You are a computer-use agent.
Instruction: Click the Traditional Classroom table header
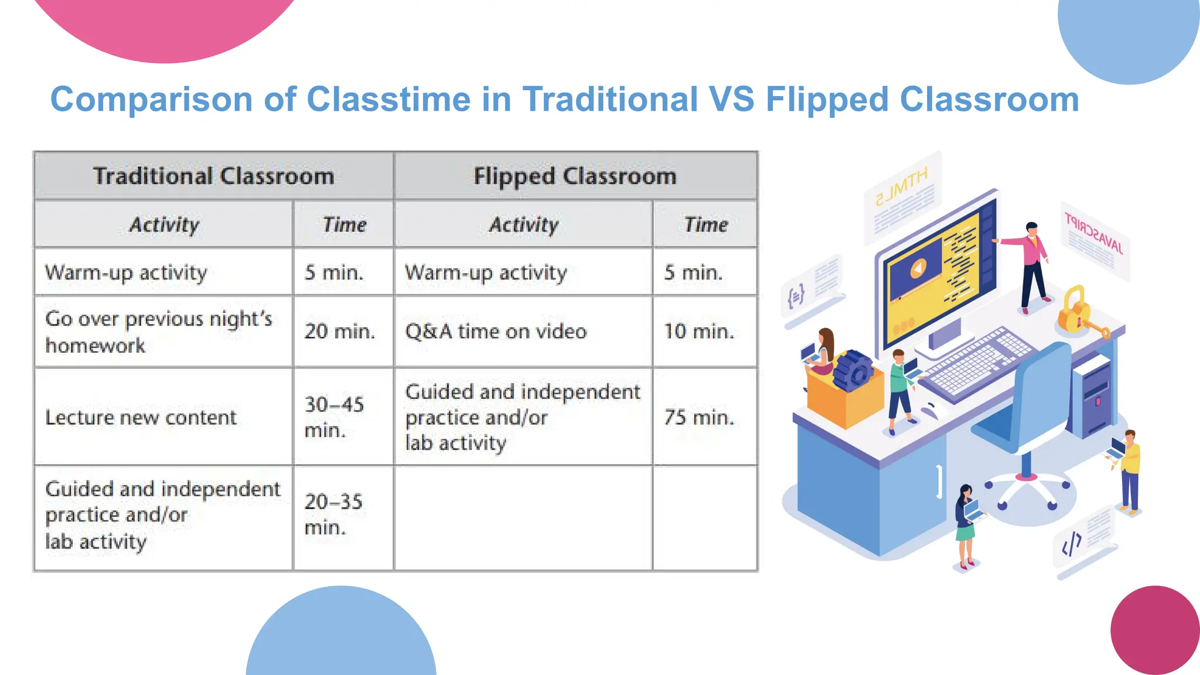[x=213, y=176]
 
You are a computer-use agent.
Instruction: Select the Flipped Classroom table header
[x=575, y=176]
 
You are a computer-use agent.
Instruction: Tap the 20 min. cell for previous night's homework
[x=340, y=332]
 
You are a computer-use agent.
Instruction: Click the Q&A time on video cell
[x=496, y=332]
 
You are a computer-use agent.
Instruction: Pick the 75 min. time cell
[x=699, y=417]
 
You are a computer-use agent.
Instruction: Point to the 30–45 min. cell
[x=334, y=417]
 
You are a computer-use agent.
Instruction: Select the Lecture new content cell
[x=141, y=417]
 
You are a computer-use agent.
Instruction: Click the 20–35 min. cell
[x=333, y=514]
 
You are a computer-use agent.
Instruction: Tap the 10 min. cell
[x=698, y=332]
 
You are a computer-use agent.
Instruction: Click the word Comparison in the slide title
[x=151, y=100]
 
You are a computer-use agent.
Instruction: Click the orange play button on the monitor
[x=918, y=268]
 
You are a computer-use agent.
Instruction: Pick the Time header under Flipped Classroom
[x=705, y=225]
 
